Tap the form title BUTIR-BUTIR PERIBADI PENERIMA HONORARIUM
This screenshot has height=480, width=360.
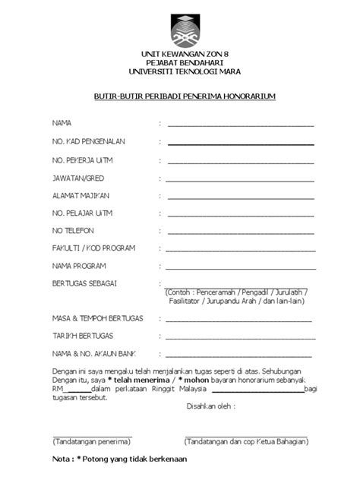(x=180, y=96)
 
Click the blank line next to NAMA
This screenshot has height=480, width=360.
(x=240, y=125)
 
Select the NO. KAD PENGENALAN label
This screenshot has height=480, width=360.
(x=89, y=141)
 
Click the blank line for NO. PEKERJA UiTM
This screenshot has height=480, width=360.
(x=240, y=162)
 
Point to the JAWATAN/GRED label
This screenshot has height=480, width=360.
(x=78, y=178)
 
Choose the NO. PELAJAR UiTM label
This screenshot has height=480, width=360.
(x=83, y=213)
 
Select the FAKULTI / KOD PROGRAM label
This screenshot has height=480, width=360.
(x=93, y=248)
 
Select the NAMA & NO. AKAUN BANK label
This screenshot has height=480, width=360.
(x=95, y=354)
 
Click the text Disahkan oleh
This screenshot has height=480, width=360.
(x=210, y=406)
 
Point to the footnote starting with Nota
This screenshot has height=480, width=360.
(x=119, y=459)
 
